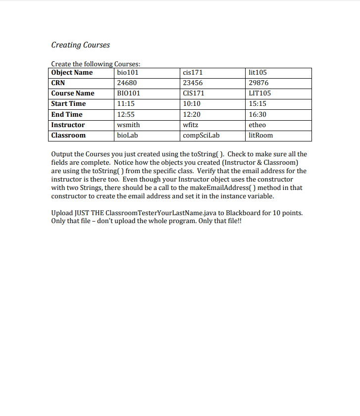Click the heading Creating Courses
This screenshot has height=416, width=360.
pyautogui.click(x=81, y=45)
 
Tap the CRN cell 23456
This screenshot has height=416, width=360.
pyautogui.click(x=193, y=83)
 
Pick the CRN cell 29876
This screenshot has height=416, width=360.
pyautogui.click(x=258, y=83)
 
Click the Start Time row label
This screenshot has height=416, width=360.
pyautogui.click(x=68, y=104)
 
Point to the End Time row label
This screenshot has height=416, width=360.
pyautogui.click(x=67, y=114)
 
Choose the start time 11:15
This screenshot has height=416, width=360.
pyautogui.click(x=126, y=104)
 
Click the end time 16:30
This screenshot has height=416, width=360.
pyautogui.click(x=257, y=114)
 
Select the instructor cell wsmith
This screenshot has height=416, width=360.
pyautogui.click(x=128, y=125)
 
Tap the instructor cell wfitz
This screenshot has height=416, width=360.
pyautogui.click(x=191, y=125)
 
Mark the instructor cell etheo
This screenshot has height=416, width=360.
pyautogui.click(x=257, y=125)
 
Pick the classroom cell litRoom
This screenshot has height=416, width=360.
pyautogui.click(x=260, y=136)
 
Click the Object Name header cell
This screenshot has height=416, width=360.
pyautogui.click(x=72, y=72)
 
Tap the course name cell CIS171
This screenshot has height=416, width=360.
pyautogui.click(x=193, y=93)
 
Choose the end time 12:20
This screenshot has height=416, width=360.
pyautogui.click(x=192, y=114)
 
